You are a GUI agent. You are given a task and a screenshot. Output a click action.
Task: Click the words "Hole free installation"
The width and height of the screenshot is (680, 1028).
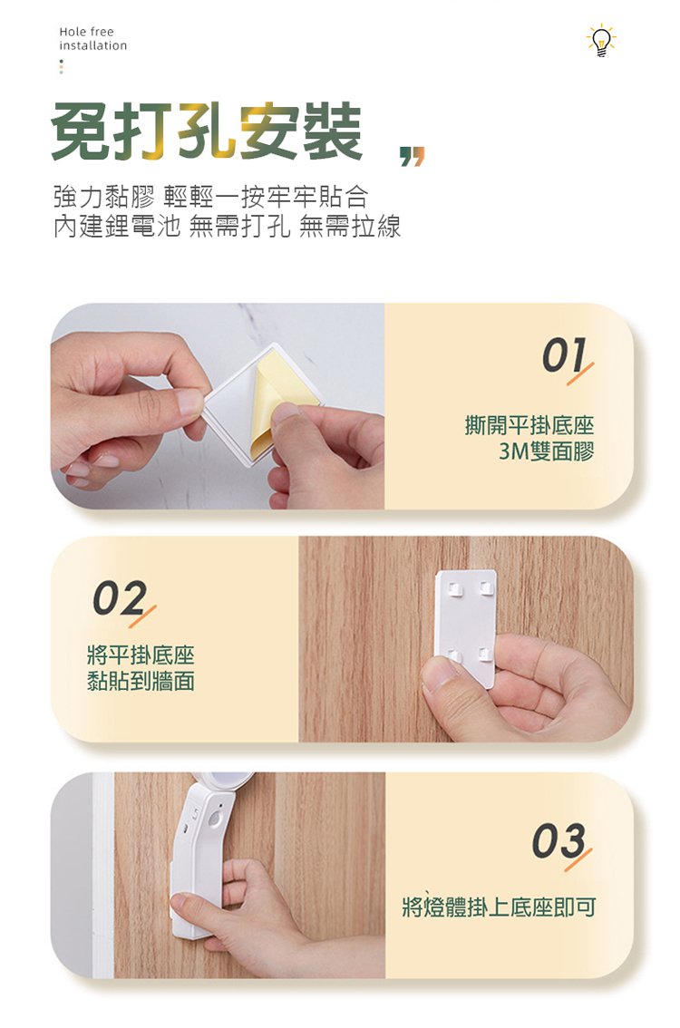(92, 39)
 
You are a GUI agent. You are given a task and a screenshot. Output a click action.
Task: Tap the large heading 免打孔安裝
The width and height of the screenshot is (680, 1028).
(207, 131)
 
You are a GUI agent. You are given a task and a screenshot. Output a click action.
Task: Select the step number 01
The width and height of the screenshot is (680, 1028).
(565, 358)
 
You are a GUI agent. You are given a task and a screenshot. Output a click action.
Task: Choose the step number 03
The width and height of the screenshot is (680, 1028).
(560, 843)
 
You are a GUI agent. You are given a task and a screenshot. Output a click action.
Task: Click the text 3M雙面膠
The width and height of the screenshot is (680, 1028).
(546, 451)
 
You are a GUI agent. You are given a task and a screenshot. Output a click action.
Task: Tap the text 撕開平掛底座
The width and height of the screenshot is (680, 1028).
(529, 425)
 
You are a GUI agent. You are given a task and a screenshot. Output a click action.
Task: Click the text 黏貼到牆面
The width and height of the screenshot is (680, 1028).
(141, 681)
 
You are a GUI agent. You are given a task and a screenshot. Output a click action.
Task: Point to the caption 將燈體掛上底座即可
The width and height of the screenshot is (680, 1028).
(499, 907)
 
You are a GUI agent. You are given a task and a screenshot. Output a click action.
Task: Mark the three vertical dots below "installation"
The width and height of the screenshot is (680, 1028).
(61, 67)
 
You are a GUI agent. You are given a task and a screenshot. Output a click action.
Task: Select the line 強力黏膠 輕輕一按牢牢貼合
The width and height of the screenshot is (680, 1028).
(210, 197)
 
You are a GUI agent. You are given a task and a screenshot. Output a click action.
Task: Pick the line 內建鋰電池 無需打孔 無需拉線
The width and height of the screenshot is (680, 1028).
(227, 227)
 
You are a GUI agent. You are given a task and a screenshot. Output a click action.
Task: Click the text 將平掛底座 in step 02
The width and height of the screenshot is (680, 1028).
(141, 655)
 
